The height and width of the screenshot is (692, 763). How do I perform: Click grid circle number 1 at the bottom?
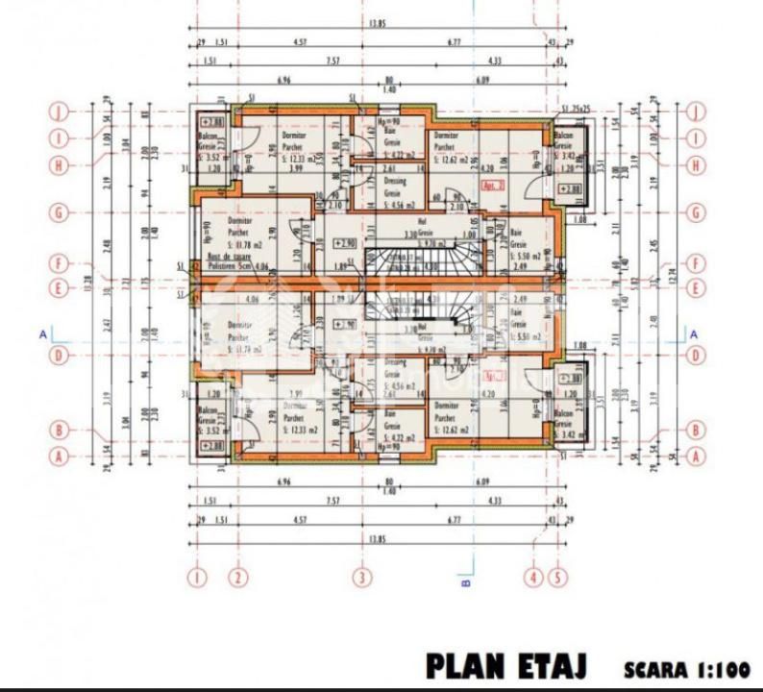pyautogui.click(x=197, y=579)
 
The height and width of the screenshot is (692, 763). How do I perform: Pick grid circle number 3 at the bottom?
pyautogui.click(x=361, y=579)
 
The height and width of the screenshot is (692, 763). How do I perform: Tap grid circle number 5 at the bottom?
pyautogui.click(x=557, y=579)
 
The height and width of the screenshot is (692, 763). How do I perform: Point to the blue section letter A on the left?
pyautogui.click(x=43, y=334)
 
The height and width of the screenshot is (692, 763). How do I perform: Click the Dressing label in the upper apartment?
pyautogui.click(x=392, y=183)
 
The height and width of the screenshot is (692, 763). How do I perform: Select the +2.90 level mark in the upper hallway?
pyautogui.click(x=346, y=244)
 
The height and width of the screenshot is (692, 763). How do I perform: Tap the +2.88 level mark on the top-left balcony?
pyautogui.click(x=212, y=123)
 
